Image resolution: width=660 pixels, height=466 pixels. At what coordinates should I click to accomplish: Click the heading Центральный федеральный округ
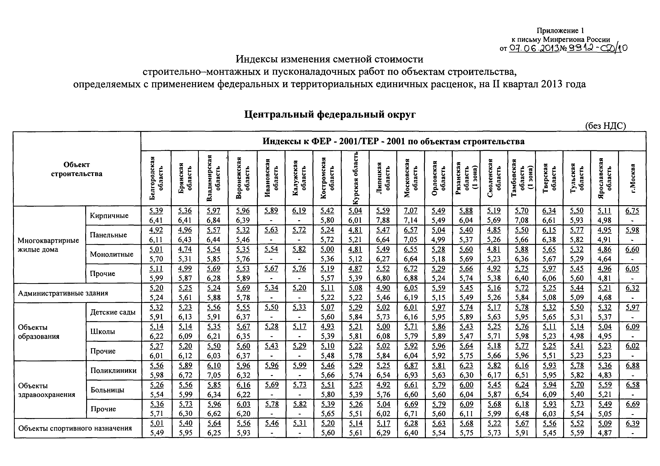point(330,115)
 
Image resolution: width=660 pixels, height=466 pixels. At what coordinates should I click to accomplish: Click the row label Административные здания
point(63,293)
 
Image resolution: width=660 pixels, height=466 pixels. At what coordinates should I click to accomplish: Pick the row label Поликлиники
point(114,370)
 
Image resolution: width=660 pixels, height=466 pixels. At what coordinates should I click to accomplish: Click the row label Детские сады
point(113,312)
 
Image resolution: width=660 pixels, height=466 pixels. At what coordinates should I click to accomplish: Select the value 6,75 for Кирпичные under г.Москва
point(632,211)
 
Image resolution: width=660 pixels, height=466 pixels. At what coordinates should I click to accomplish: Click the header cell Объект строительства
point(77,169)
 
